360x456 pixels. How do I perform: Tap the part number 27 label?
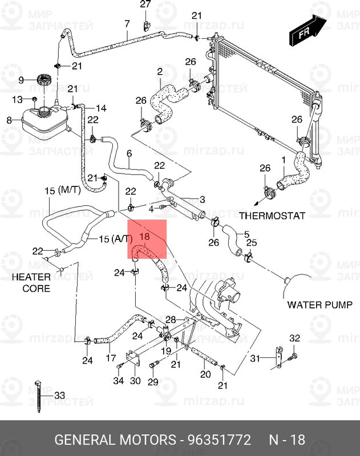point(145,5)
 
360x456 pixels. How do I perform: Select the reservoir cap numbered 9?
point(43,81)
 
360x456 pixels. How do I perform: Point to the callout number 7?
point(127,23)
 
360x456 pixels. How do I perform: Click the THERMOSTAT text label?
point(272,215)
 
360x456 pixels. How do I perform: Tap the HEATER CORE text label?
point(32,282)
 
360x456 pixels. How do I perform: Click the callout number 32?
point(294,339)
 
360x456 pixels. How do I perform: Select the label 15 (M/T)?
point(62,191)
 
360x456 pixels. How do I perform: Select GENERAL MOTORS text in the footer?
point(115,440)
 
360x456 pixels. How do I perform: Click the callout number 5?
point(246,234)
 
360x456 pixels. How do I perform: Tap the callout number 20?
point(205,374)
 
